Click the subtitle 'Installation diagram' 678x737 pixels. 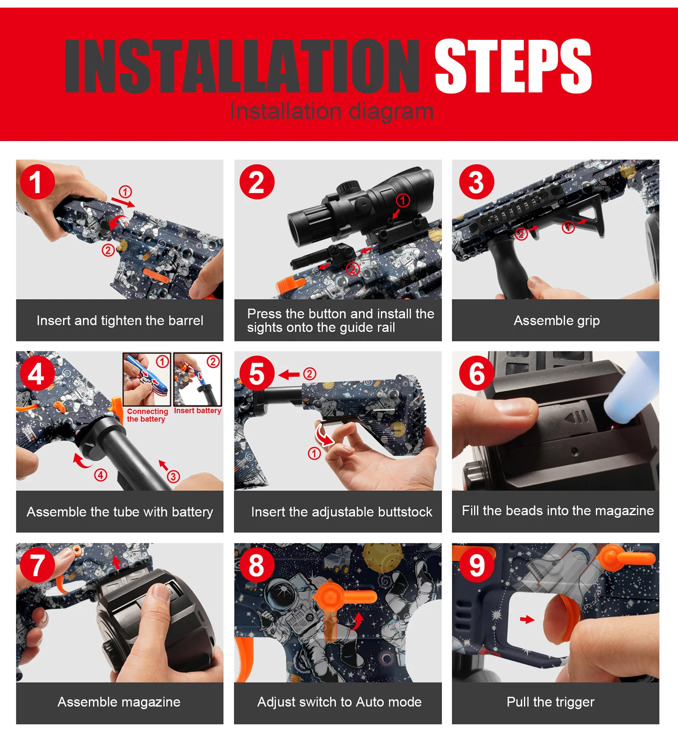332,111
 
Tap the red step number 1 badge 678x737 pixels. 37,182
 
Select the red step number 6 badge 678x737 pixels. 476,374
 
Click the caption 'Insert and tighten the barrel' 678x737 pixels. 120,321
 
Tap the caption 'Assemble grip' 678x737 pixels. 556,321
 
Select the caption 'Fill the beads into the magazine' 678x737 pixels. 558,511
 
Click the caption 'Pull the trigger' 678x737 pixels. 551,702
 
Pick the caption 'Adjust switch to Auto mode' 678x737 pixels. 339,702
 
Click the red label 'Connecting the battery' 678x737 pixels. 147,415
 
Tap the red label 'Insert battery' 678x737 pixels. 198,410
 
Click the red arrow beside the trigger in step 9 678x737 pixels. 527,620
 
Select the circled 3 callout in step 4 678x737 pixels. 173,477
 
